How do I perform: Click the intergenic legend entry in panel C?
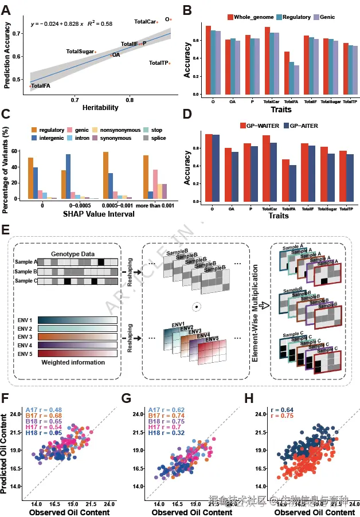click(50, 138)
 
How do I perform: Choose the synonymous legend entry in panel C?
click(114, 138)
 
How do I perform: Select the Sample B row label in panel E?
click(25, 271)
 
